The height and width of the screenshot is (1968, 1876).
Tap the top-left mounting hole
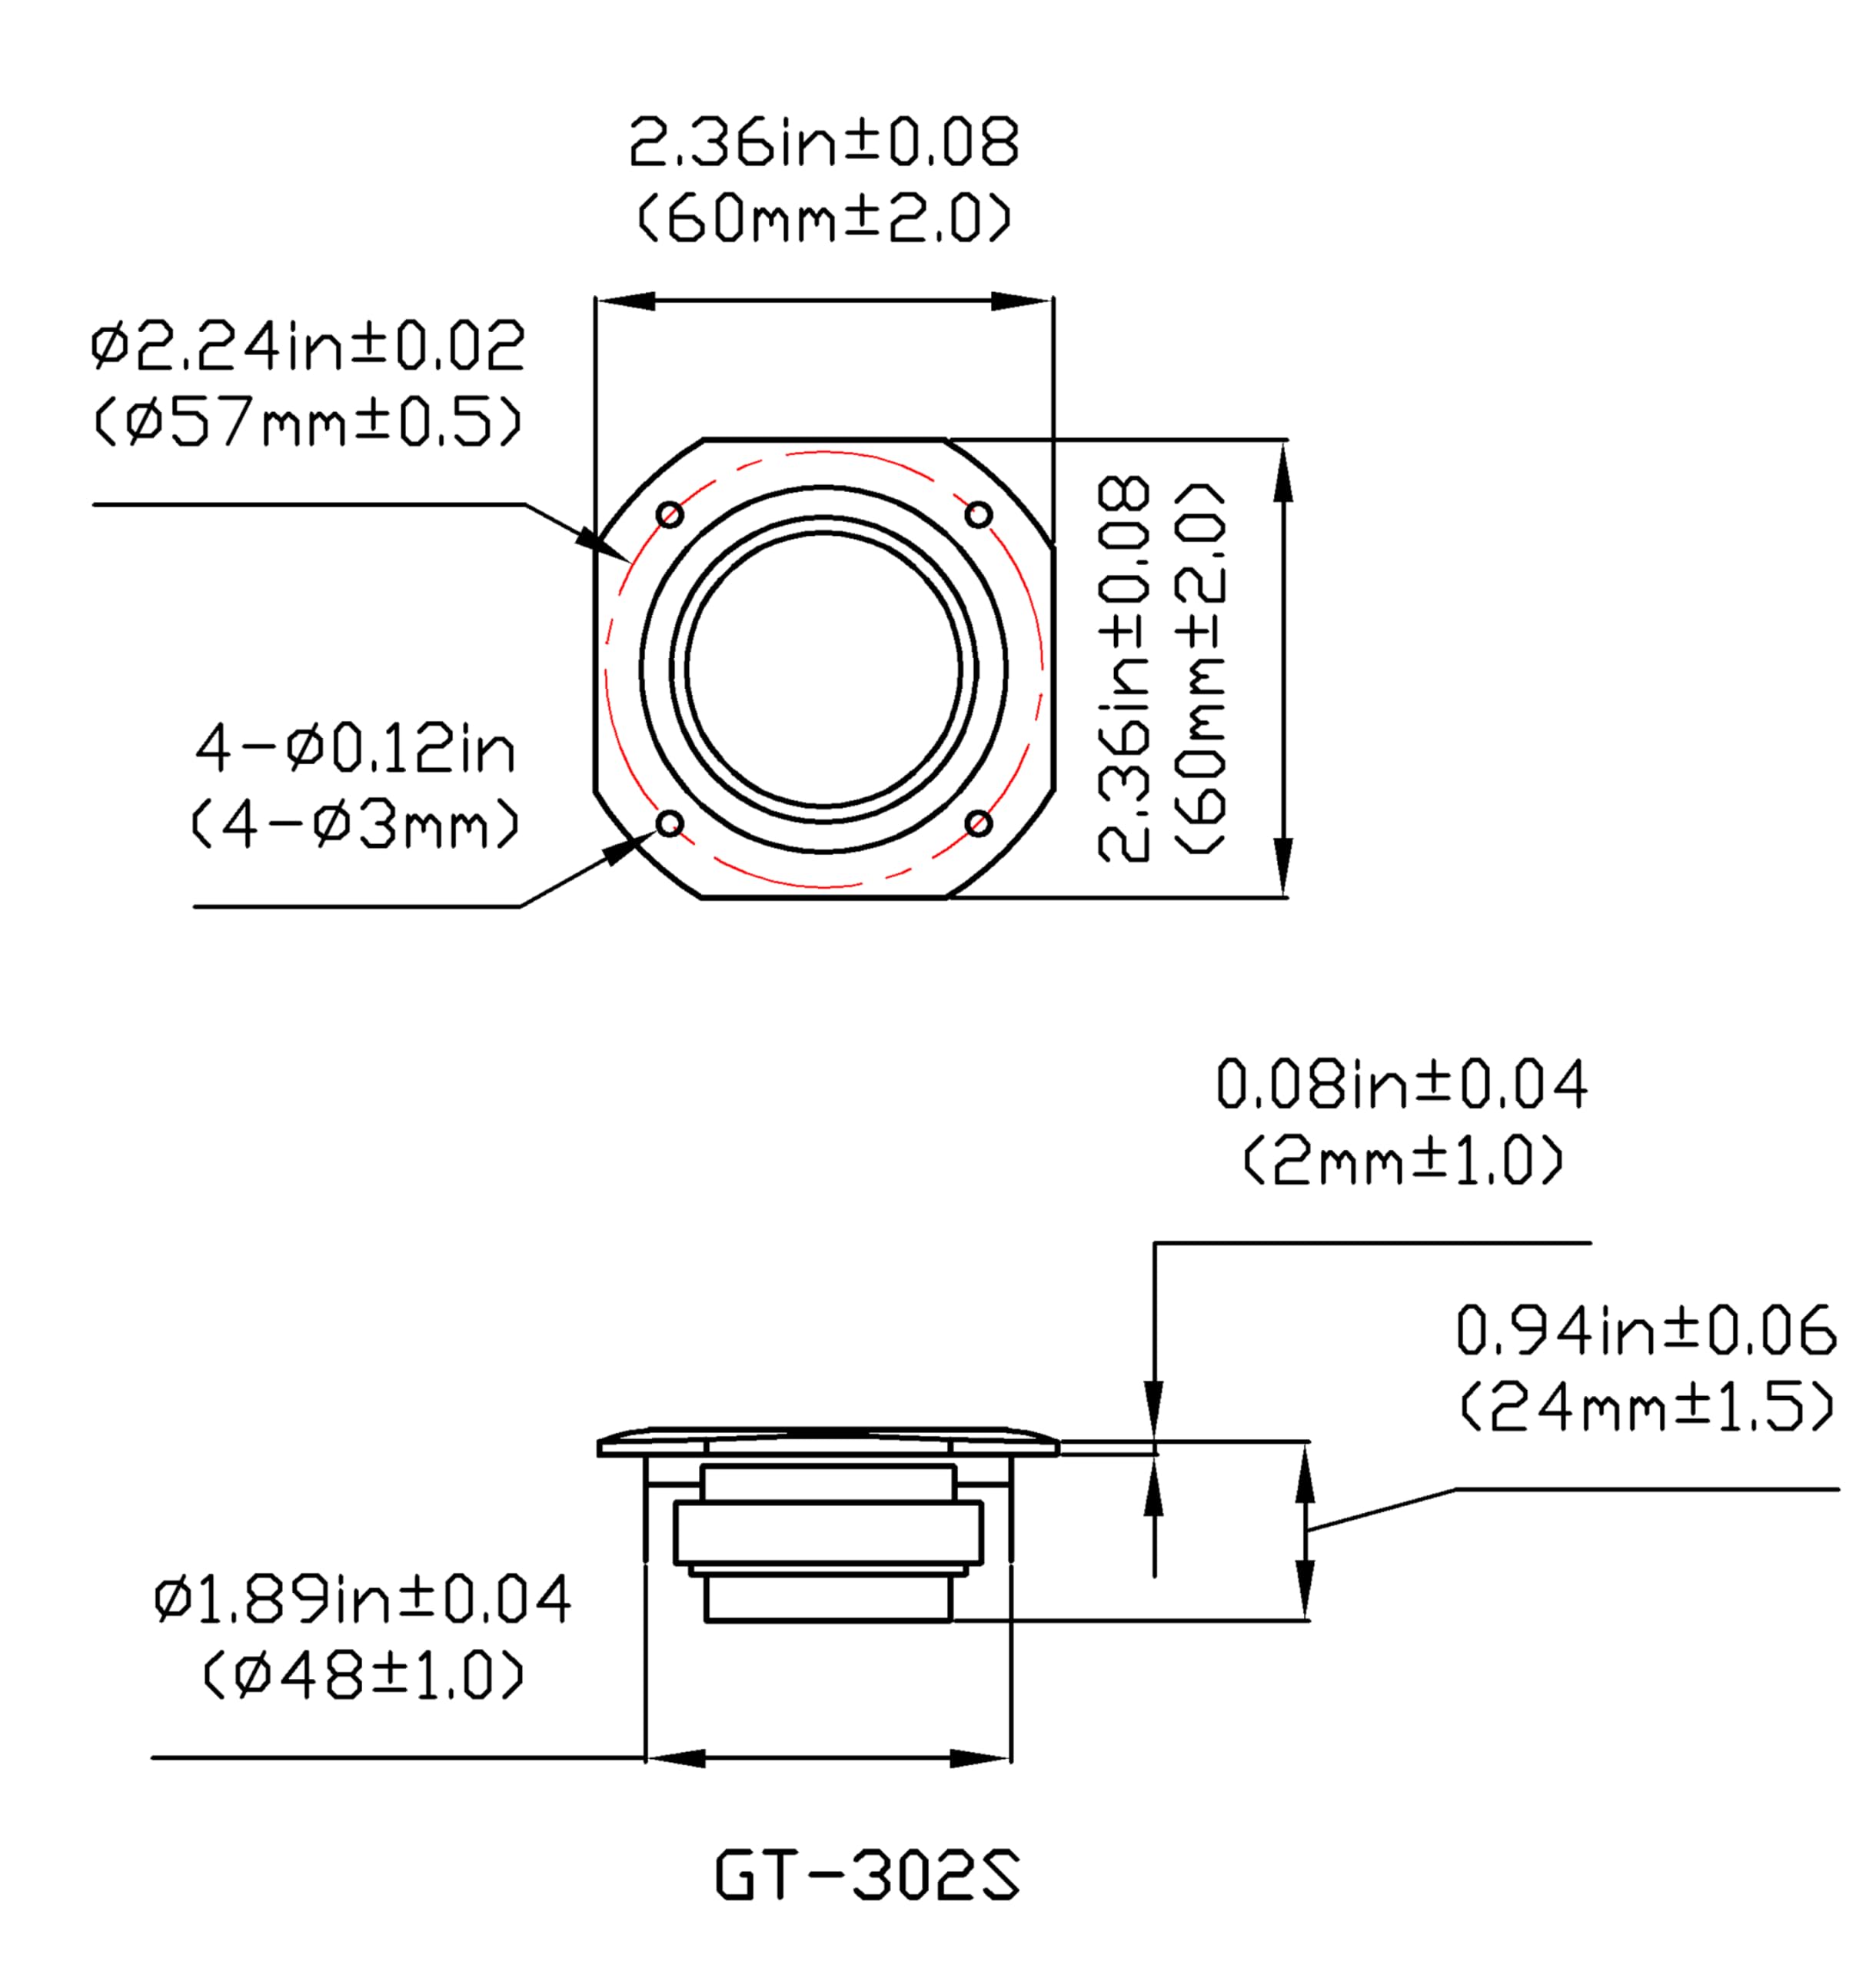(670, 515)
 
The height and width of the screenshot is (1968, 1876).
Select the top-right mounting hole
(978, 515)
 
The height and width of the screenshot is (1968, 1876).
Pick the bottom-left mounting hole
(670, 823)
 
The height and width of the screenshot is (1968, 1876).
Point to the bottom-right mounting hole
(978, 823)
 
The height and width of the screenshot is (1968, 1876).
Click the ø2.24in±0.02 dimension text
(307, 346)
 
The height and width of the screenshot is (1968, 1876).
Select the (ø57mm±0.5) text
(307, 422)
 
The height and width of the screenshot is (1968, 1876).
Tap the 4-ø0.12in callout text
(355, 748)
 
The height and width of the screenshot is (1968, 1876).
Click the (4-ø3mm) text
(355, 825)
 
